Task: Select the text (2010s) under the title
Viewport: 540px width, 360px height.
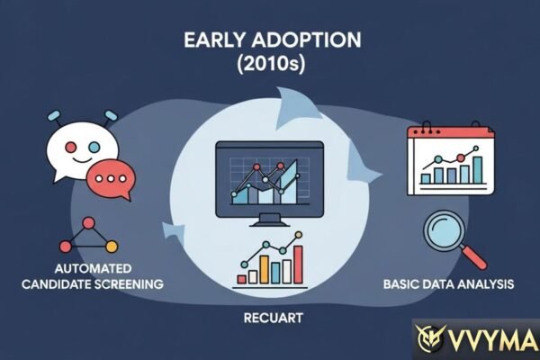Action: tap(270, 67)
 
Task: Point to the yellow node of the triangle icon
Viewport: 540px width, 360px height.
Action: tap(112, 247)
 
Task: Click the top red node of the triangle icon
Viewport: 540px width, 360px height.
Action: tap(88, 221)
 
